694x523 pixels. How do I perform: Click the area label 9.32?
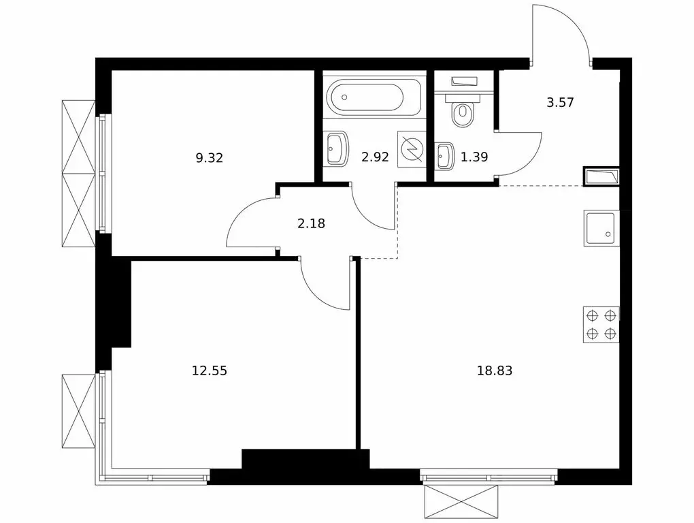209,158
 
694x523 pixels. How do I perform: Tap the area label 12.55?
210,371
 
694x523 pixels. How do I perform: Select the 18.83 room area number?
495,371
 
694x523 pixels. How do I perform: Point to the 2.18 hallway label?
311,222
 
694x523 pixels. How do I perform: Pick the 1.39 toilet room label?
474,157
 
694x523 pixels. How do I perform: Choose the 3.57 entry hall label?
561,104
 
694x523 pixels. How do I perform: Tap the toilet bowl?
463,112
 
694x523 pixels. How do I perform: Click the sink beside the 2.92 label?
337,148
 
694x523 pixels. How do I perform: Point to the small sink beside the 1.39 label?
444,156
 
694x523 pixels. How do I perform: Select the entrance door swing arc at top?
561,31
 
